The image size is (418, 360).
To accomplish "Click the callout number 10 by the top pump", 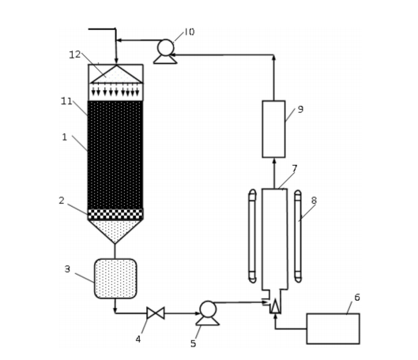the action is coord(190,32).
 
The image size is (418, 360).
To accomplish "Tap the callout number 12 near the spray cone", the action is coord(75,54).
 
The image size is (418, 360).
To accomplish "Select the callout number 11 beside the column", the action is coord(66,101).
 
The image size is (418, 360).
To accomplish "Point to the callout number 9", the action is coord(300,109).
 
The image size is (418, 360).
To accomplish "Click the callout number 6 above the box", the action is coord(357,297).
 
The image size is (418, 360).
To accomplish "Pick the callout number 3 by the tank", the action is coord(67,269).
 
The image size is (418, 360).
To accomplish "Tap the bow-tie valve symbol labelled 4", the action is coord(156,313).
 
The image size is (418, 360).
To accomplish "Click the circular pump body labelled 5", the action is coord(208,309).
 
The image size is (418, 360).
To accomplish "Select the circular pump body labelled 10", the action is coord(166,47).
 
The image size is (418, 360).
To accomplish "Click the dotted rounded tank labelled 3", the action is coord(115,279).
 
